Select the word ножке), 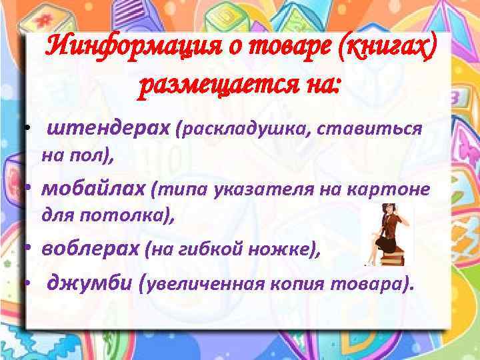(x=281, y=250)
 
